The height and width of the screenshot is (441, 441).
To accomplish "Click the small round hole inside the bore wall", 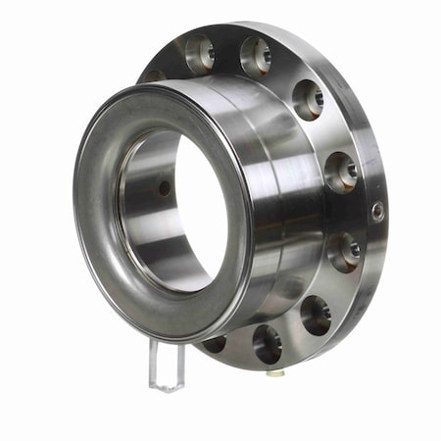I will (164, 188).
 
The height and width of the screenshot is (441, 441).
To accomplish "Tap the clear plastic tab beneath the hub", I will (167, 364).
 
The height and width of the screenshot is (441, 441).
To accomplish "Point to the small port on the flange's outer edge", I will (377, 211).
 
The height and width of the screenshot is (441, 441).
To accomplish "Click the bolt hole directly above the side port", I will (341, 171).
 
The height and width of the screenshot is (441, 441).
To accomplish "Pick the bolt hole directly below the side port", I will (343, 252).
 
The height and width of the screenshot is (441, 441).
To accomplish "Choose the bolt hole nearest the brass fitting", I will (268, 342).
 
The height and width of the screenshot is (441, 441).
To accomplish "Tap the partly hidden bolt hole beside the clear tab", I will (215, 343).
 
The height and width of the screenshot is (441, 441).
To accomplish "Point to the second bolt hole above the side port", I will (308, 98).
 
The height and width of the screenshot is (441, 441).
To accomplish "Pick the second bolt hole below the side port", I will (316, 314).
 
